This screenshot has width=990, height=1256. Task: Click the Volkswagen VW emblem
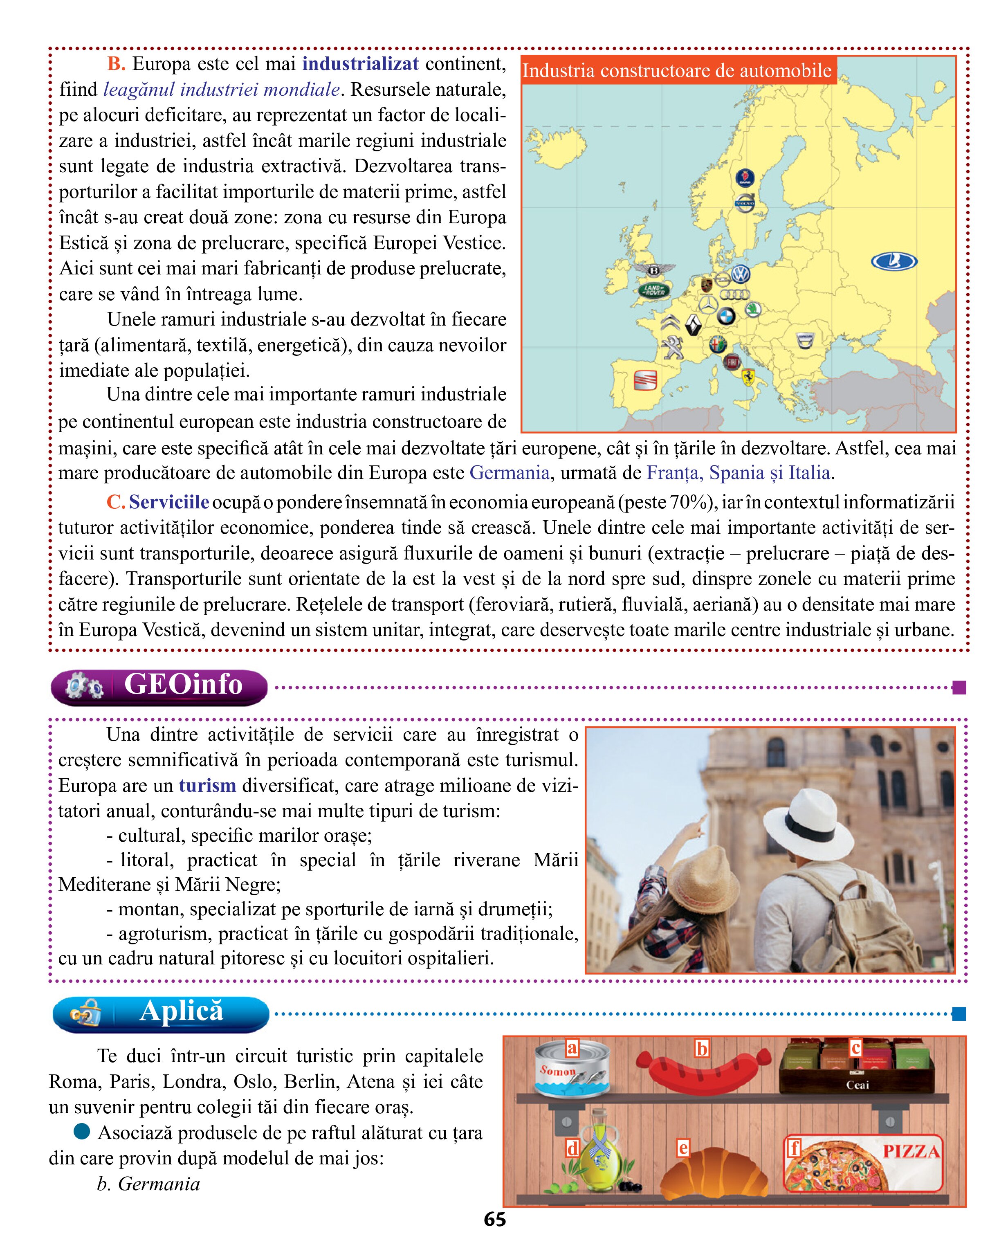coord(740,274)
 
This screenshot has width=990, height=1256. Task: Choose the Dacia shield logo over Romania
coord(804,341)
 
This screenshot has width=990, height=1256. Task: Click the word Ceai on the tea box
coord(857,1085)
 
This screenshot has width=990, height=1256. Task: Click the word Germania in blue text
coord(510,473)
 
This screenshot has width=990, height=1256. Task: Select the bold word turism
coord(207,786)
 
